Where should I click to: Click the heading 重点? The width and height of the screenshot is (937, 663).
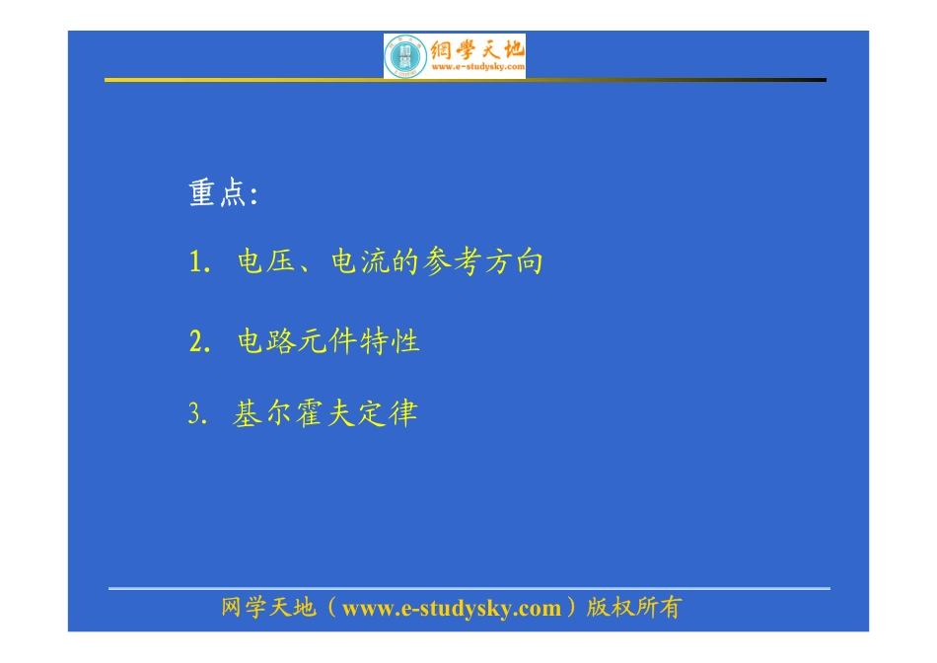pos(223,193)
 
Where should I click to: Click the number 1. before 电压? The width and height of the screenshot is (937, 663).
pos(200,263)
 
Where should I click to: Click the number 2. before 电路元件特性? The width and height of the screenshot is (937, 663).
pos(200,342)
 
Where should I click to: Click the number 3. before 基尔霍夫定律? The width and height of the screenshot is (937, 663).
pos(197,413)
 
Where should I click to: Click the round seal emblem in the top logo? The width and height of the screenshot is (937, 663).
pos(404,56)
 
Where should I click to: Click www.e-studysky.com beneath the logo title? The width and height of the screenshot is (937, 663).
pos(477,69)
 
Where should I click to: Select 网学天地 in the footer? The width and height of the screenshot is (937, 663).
pos(268,608)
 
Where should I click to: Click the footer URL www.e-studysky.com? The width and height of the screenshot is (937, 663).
pos(451,609)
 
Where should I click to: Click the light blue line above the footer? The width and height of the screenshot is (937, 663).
pos(468,588)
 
